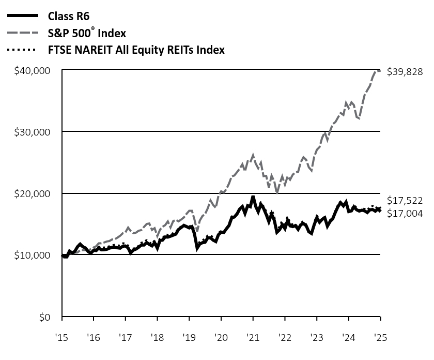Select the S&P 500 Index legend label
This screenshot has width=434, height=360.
coord(87,34)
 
